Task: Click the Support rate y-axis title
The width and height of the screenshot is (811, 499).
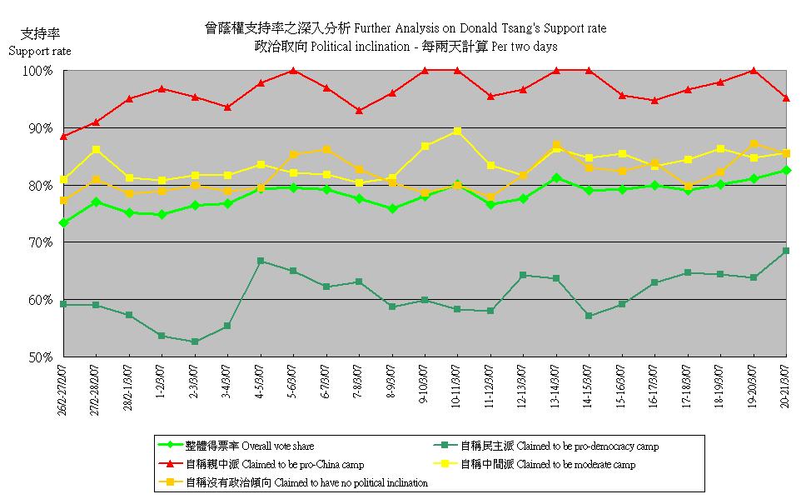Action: (x=39, y=52)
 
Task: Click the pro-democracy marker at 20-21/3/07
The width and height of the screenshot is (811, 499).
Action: (x=786, y=251)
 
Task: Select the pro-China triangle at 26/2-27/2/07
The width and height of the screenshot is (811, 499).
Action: (x=63, y=136)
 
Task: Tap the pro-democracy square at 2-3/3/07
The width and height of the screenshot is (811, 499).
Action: (x=194, y=342)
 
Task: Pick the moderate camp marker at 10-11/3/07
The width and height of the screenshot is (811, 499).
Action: (x=457, y=132)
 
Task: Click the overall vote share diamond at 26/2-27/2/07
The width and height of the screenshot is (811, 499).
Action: (x=63, y=222)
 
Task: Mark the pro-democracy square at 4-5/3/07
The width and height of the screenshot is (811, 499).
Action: (x=261, y=261)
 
